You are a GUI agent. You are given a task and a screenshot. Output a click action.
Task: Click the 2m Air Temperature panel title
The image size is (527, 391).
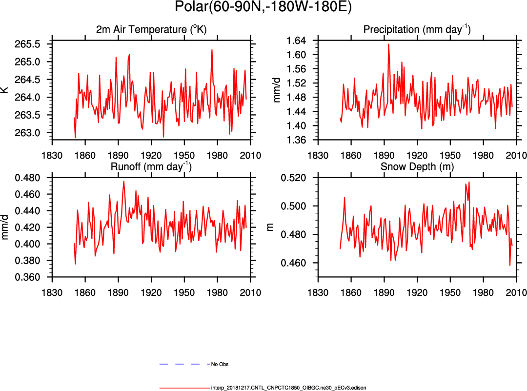tap(151, 30)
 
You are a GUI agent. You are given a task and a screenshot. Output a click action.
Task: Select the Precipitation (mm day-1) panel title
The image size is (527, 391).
tap(417, 30)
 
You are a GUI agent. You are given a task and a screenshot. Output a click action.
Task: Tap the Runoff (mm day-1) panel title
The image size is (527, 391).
tap(151, 167)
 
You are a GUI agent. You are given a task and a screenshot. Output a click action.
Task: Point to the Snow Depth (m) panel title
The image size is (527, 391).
tap(417, 167)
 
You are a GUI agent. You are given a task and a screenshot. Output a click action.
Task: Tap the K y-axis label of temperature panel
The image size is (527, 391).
tap(5, 90)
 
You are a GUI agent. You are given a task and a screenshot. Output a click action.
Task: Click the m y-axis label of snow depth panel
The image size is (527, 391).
tap(274, 227)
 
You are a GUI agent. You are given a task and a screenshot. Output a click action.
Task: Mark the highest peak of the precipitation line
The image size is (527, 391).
tap(388, 44)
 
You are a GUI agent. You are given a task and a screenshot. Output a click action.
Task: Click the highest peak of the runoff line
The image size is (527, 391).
tap(124, 182)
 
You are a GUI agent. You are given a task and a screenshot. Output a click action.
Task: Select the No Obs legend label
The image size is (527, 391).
tap(220, 364)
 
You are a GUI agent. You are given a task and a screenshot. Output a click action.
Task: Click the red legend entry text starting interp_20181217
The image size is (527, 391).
tap(288, 388)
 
